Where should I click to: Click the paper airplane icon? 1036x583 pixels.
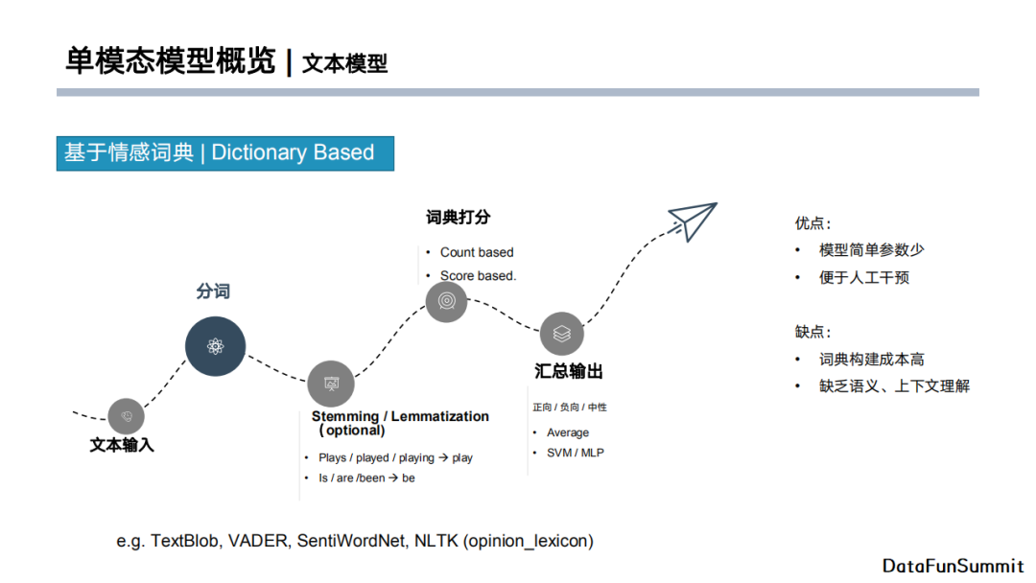click(x=694, y=221)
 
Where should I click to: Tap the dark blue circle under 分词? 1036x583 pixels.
click(x=215, y=346)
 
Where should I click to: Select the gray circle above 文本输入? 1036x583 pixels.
click(x=126, y=416)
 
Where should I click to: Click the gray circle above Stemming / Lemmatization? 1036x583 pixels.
click(x=331, y=384)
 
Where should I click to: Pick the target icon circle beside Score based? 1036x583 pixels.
click(x=446, y=301)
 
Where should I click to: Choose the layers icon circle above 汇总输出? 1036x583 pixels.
click(x=562, y=334)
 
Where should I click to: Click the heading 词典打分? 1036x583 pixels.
click(x=458, y=218)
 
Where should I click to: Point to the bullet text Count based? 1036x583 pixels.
click(x=477, y=252)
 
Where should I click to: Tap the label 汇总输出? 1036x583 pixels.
click(x=569, y=371)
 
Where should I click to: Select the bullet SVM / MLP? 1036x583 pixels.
click(x=575, y=453)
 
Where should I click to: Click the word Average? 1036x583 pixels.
click(x=568, y=432)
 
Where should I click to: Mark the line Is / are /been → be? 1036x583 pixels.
click(x=366, y=478)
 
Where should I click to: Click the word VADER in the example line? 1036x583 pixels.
click(x=261, y=541)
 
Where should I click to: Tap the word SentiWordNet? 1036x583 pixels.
click(x=350, y=541)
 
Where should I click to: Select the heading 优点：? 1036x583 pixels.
click(x=812, y=223)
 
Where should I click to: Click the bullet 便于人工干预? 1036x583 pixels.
click(x=863, y=278)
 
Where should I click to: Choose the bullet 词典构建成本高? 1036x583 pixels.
click(x=871, y=360)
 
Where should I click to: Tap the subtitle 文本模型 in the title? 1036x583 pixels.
click(x=344, y=64)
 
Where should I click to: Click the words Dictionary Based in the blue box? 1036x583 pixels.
click(x=293, y=152)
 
